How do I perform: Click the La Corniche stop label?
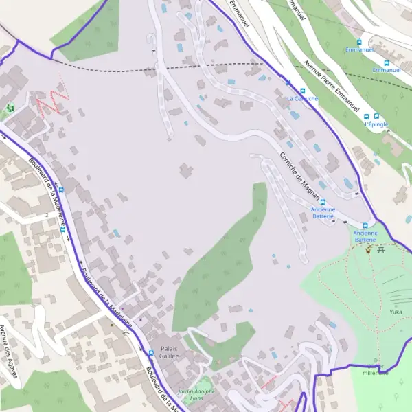pos(303,98)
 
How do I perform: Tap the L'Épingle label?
pos(376,124)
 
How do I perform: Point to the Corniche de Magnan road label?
pos(301,176)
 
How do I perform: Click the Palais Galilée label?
pos(165,352)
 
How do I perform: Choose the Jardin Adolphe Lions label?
pos(196,394)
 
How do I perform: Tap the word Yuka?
pos(396,312)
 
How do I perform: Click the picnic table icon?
pos(381,249)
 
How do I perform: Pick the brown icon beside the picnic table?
pos(369,250)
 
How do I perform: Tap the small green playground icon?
pos(10,108)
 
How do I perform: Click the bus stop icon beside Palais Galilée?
pos(151,353)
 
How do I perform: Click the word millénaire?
pos(375,373)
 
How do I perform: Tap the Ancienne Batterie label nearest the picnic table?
pos(365,236)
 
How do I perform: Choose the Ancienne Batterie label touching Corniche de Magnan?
pos(323,212)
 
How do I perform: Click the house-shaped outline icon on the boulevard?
pos(126,334)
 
